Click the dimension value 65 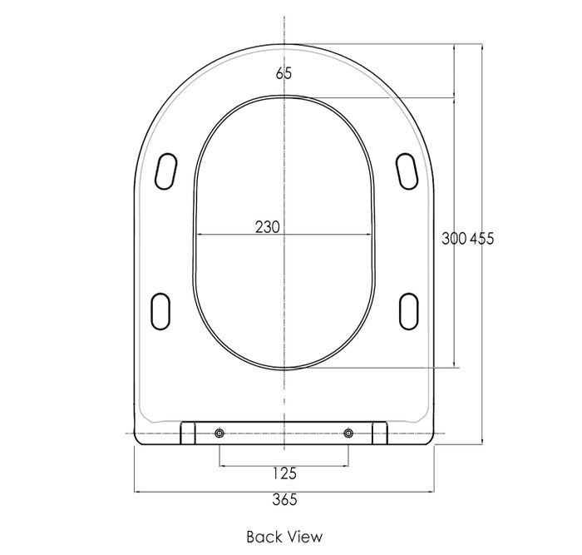click(x=284, y=73)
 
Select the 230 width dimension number click(x=267, y=227)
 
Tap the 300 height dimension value click(x=454, y=239)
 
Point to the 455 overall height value click(x=482, y=239)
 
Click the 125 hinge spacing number click(x=284, y=473)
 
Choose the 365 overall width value click(x=284, y=499)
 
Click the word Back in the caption click(x=263, y=537)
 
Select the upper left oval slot click(x=165, y=171)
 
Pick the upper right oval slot click(x=407, y=171)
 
